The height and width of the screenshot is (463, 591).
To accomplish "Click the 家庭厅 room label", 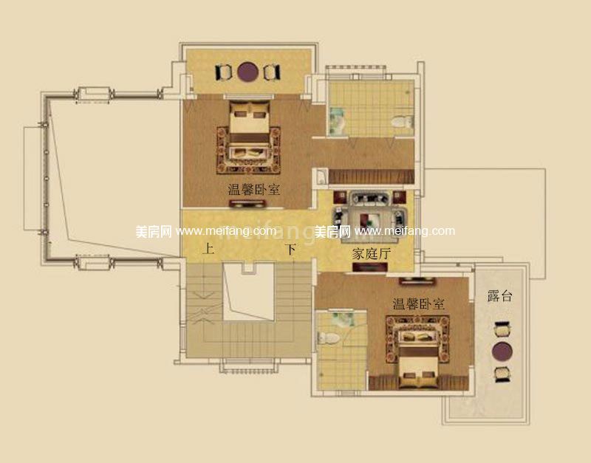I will [x=371, y=253].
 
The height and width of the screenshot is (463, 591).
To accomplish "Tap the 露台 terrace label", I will [x=499, y=297].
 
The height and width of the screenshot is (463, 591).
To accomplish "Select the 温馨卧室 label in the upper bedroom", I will [x=253, y=190].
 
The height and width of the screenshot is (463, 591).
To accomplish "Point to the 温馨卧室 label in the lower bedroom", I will [x=418, y=303].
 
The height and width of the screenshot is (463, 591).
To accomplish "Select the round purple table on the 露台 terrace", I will [x=502, y=350].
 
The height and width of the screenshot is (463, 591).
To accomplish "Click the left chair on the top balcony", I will [x=223, y=72].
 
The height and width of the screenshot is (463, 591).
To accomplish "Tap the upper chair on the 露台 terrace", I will [x=502, y=326].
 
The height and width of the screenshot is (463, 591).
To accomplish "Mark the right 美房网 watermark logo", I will [x=333, y=231].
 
